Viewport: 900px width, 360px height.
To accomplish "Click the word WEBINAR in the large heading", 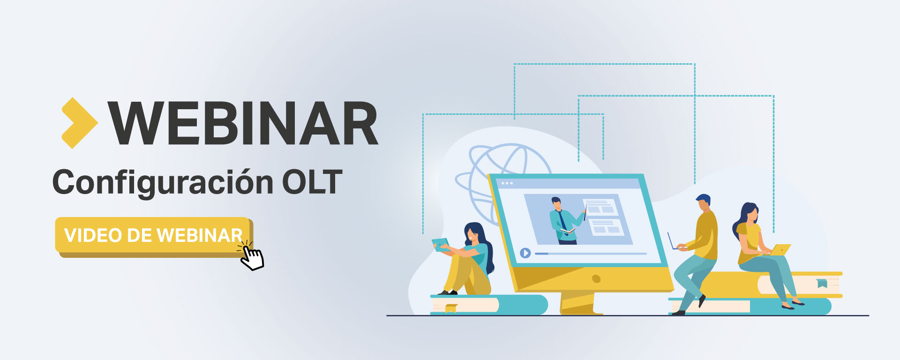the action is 243,123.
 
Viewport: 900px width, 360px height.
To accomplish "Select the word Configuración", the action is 163,183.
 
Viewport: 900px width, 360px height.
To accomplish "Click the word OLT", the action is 312,182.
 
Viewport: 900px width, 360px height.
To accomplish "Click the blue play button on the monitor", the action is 525,253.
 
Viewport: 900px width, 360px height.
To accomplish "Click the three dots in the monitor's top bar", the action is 507,183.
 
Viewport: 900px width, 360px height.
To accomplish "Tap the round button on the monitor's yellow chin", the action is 596,279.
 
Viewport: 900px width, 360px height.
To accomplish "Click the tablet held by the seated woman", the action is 441,244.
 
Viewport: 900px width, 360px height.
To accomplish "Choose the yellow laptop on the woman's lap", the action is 780,250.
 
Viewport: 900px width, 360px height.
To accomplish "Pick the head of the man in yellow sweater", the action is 703,203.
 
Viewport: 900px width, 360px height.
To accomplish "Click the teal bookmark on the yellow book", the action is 822,283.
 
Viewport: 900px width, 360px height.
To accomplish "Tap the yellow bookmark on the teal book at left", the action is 451,308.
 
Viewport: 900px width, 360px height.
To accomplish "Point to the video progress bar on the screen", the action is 591,254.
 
